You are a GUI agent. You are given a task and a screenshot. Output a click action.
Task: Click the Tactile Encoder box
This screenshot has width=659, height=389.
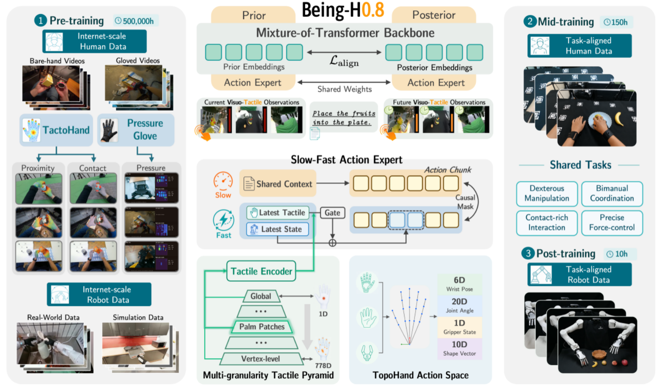pos(261,271)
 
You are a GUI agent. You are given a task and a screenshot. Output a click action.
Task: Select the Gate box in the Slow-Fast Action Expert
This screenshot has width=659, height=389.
pos(332,213)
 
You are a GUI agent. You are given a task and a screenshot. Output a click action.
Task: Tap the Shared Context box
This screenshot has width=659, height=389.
pos(278,184)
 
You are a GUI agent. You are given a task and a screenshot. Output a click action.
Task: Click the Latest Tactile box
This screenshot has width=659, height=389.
pos(278,212)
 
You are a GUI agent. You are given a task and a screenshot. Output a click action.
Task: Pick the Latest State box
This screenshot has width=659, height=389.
pos(278,229)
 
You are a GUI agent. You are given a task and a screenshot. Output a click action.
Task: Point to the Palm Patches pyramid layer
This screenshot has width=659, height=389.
pos(262,327)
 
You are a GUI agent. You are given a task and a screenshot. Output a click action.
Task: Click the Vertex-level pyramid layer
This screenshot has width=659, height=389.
pos(261,359)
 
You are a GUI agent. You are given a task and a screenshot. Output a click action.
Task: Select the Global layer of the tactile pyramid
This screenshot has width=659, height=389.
pos(261,296)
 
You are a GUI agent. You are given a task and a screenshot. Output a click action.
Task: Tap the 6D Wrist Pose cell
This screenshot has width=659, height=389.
pos(459,284)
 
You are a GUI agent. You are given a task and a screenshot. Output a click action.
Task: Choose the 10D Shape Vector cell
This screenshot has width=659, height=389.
pos(459,349)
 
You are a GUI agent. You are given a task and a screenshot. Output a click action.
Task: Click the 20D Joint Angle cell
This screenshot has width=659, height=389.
pos(459,306)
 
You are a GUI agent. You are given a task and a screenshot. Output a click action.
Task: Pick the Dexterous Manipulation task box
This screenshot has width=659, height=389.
pos(547,193)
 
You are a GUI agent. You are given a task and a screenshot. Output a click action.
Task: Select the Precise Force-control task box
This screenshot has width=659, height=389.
pos(612,222)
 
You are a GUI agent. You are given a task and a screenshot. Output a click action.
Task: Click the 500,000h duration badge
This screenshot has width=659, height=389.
pos(135,21)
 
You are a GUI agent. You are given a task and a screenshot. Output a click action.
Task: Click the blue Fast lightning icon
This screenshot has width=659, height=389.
pos(224,220)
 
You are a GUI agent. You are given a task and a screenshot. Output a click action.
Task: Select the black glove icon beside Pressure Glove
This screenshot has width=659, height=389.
pos(110,130)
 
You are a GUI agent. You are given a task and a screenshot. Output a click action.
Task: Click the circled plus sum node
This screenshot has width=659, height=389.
pos(332,243)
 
